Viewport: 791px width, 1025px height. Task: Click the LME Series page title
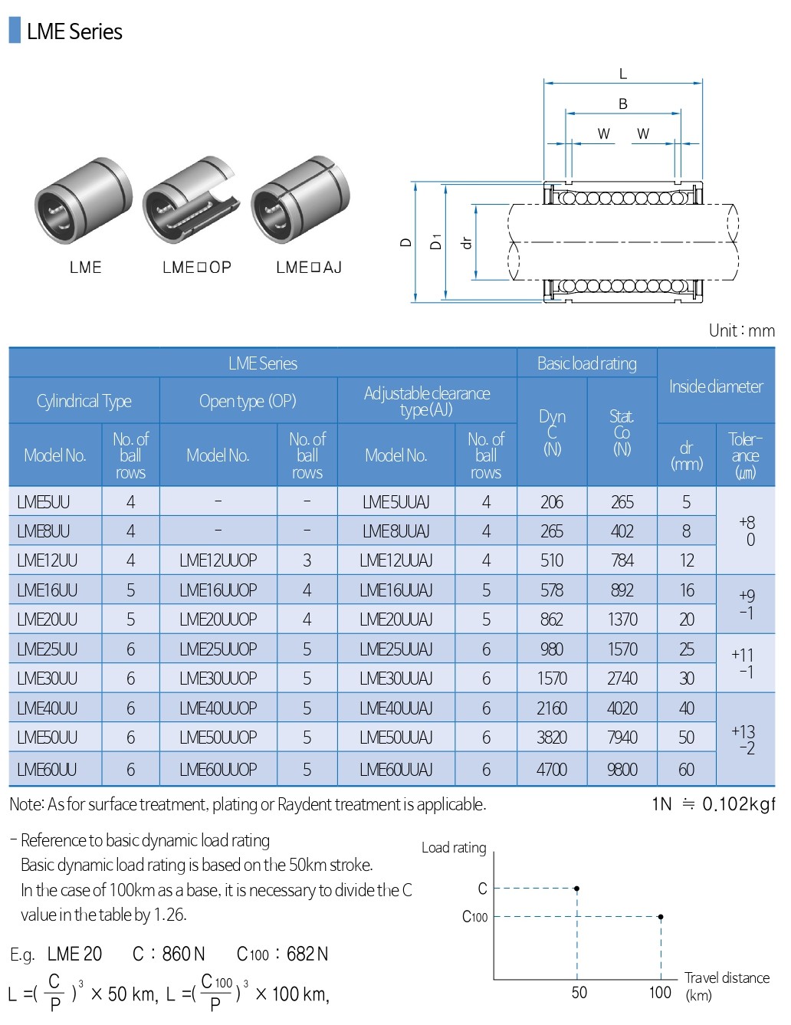point(74,31)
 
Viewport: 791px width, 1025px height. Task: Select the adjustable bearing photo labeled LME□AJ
point(300,201)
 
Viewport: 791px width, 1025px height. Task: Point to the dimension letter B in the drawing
point(622,103)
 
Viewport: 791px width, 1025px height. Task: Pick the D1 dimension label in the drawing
point(436,242)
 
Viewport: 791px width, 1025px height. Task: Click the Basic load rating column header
point(586,363)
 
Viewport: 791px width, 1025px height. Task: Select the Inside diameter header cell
point(716,386)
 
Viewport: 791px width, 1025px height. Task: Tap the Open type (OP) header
point(248,401)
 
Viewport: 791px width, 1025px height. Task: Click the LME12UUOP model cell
point(218,560)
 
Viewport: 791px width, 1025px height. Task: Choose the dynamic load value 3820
point(552,738)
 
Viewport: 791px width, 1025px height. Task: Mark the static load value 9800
point(622,769)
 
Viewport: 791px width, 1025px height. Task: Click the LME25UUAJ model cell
point(395,649)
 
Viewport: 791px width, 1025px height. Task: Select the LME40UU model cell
point(47,708)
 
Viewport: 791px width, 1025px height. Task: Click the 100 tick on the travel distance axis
point(660,992)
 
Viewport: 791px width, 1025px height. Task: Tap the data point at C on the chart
point(576,889)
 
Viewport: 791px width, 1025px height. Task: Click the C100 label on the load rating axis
point(475,917)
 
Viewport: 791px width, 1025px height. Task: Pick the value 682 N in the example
point(307,954)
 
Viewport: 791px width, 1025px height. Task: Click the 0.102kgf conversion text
point(738,804)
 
